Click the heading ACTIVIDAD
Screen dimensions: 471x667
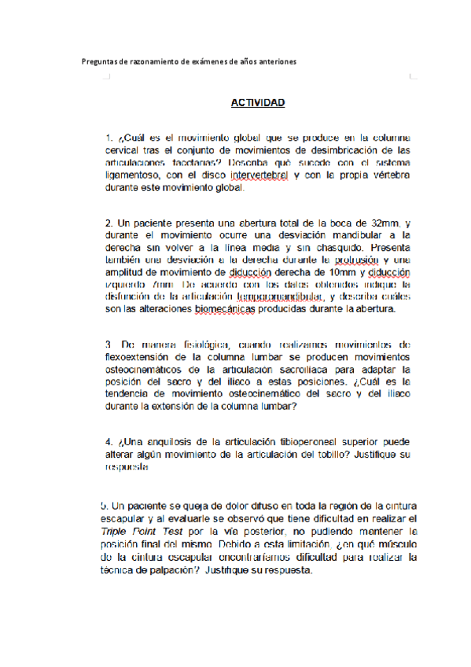pos(257,103)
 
